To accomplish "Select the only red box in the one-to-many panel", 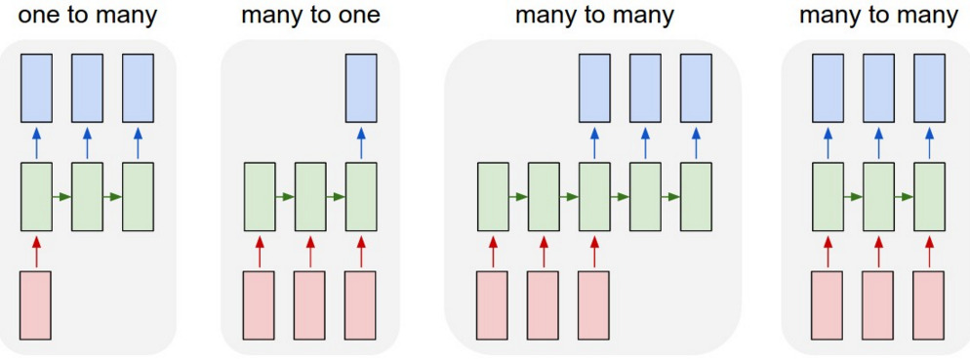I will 36,303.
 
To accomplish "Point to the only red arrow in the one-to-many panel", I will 36,251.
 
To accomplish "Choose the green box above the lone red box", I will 36,196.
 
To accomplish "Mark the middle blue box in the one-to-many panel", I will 87,86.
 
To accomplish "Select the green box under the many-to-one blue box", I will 361,196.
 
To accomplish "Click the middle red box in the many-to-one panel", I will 309,303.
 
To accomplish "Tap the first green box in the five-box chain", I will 493,196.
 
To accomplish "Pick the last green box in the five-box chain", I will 696,196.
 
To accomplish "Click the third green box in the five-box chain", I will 594,196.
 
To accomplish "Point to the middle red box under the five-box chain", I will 544,303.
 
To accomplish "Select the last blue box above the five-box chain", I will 696,86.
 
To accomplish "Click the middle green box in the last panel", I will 878,196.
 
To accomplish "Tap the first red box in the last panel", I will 828,303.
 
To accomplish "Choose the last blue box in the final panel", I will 929,86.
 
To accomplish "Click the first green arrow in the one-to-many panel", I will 61,197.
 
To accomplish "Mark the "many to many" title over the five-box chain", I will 594,17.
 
